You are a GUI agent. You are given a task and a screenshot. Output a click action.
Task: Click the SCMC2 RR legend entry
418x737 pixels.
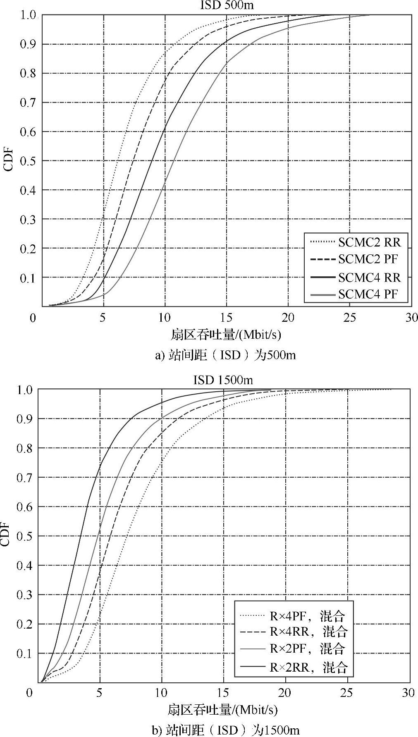[369, 242]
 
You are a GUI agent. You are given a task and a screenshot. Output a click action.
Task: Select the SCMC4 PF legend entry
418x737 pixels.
[368, 294]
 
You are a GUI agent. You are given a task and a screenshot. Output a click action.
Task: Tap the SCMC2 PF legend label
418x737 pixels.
[368, 259]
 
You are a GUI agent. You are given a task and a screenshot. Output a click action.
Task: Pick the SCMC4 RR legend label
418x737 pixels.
[369, 277]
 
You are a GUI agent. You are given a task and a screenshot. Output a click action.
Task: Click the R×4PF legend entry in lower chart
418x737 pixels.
[307, 616]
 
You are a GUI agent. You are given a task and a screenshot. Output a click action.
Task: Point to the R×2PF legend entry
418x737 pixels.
[307, 648]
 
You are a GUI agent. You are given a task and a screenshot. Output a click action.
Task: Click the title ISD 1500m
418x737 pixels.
[223, 380]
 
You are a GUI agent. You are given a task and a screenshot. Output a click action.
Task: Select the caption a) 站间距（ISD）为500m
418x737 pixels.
[226, 355]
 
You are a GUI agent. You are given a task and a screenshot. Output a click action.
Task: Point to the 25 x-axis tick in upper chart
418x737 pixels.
[350, 318]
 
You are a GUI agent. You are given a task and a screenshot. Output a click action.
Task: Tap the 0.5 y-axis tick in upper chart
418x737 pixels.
[28, 161]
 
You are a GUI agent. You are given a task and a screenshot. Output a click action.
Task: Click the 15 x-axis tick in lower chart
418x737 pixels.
[223, 693]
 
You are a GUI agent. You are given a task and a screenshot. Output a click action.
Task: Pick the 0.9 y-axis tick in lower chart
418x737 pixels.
[24, 419]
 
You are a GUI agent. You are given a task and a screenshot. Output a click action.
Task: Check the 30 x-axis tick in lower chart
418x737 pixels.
[408, 693]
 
